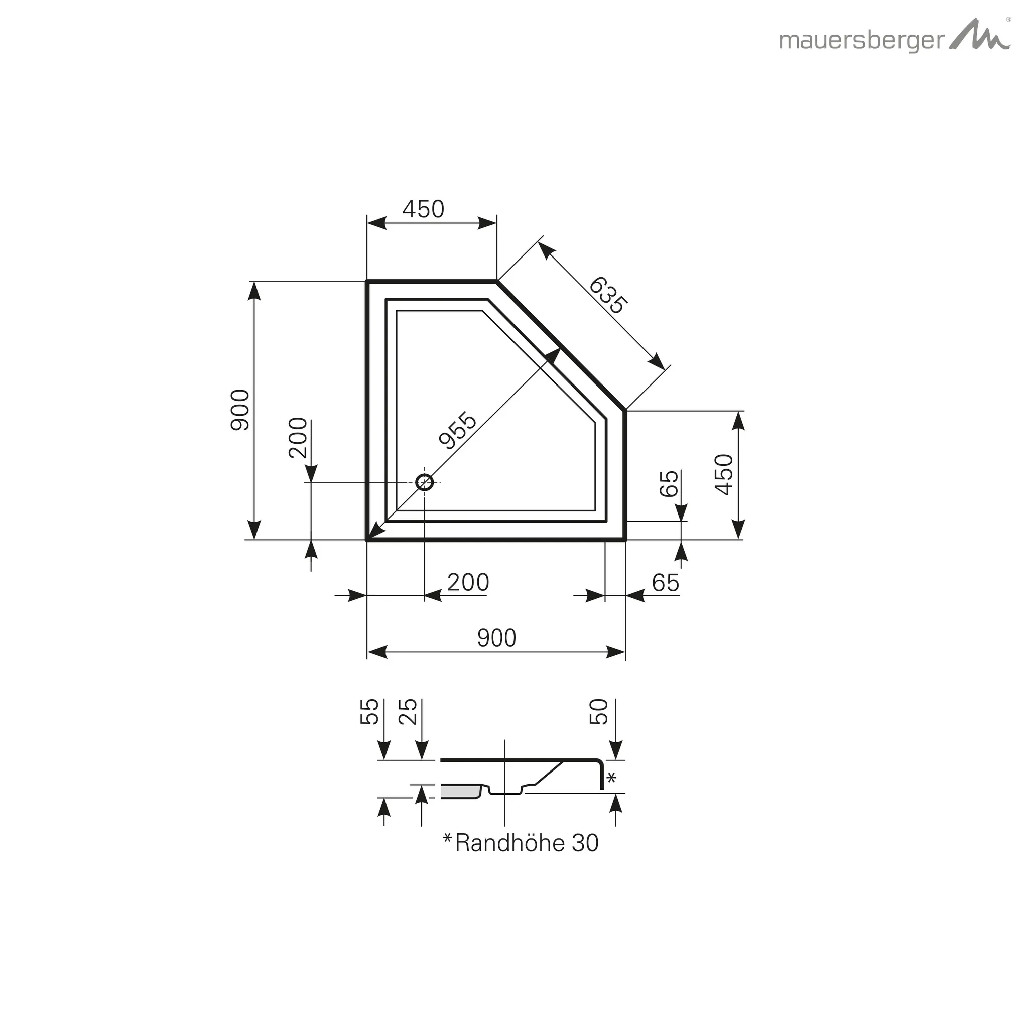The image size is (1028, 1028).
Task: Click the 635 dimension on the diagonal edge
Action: pyautogui.click(x=608, y=296)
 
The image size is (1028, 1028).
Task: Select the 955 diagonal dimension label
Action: pyautogui.click(x=458, y=430)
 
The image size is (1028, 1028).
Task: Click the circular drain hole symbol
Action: pyautogui.click(x=425, y=482)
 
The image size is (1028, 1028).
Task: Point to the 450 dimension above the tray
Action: pyautogui.click(x=423, y=210)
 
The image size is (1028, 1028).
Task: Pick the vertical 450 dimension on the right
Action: pyautogui.click(x=724, y=475)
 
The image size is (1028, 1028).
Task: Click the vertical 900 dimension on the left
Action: pyautogui.click(x=240, y=410)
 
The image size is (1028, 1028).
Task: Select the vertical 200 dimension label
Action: pyautogui.click(x=298, y=438)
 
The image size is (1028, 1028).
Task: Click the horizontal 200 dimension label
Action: pyautogui.click(x=468, y=583)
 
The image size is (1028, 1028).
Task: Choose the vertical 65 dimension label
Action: pyautogui.click(x=669, y=484)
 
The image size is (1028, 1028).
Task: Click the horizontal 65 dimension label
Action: pyautogui.click(x=665, y=583)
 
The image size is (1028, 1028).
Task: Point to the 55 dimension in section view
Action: pyautogui.click(x=370, y=712)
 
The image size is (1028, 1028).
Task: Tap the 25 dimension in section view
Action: pyautogui.click(x=408, y=712)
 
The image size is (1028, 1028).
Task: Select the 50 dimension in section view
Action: pyautogui.click(x=599, y=712)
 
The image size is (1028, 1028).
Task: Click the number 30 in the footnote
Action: pyautogui.click(x=585, y=843)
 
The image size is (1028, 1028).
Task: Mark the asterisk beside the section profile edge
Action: pyautogui.click(x=611, y=779)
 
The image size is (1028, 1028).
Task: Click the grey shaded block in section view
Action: pyautogui.click(x=460, y=792)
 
